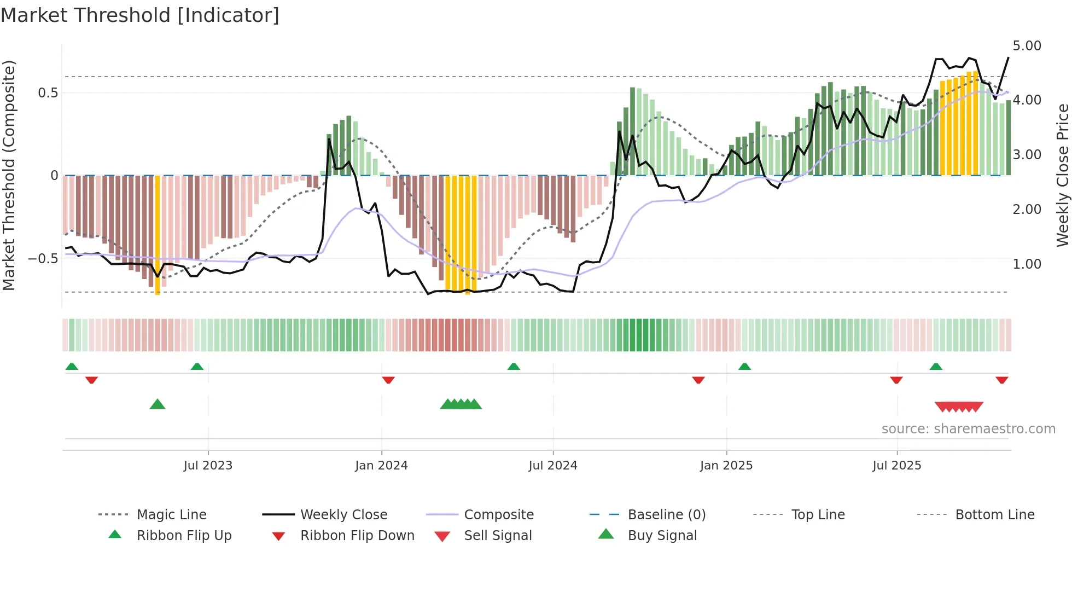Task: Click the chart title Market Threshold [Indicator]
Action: coord(140,15)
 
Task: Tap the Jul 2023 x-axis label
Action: coord(208,466)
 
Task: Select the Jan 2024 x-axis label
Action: coord(381,466)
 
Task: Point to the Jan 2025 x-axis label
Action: coord(726,466)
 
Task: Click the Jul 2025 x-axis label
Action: coord(897,466)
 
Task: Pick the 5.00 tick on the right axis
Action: coord(1027,45)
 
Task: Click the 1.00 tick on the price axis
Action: coord(1027,264)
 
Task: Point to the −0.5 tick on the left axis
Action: coord(43,258)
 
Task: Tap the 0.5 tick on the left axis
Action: coord(48,93)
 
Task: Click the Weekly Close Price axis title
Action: coord(1062,175)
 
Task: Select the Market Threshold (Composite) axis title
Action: coord(9,175)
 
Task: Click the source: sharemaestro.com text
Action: coord(968,429)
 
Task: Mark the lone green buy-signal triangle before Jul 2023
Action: coord(158,404)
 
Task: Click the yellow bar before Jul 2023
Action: coord(158,235)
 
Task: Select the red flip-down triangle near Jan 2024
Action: coord(388,380)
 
